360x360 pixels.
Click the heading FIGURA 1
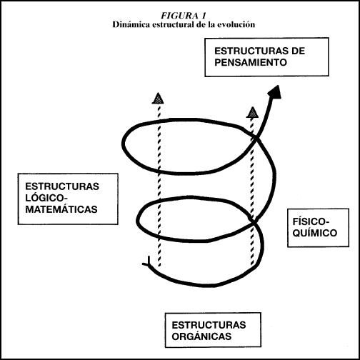click(x=183, y=16)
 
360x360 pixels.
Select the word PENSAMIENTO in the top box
click(x=251, y=62)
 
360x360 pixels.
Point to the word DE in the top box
click(x=298, y=51)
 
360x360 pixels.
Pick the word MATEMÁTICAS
click(x=61, y=209)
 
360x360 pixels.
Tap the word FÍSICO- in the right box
click(x=311, y=221)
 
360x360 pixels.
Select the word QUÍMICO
click(x=315, y=233)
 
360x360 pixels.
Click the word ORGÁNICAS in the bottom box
click(x=201, y=336)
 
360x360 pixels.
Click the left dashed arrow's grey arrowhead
click(x=158, y=99)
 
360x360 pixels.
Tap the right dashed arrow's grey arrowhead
click(x=252, y=112)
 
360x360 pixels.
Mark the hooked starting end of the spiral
click(x=147, y=261)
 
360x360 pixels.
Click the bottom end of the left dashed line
click(x=159, y=266)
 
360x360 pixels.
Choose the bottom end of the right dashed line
click(x=252, y=265)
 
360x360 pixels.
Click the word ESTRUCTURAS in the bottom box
click(x=209, y=325)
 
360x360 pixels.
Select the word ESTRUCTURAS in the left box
click(x=62, y=186)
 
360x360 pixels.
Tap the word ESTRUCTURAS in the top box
click(x=251, y=51)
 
